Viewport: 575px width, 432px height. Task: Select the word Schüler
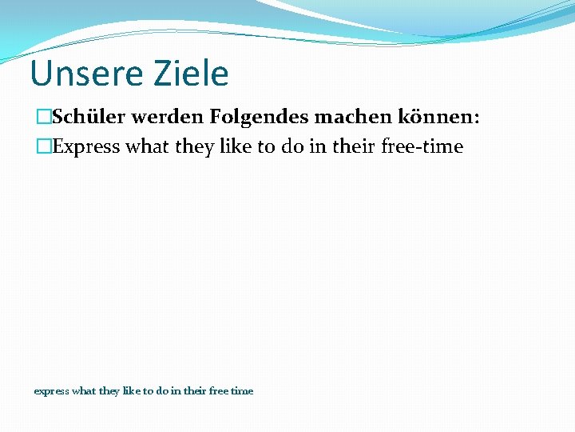[x=89, y=118]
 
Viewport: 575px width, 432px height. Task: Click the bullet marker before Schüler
[x=42, y=118]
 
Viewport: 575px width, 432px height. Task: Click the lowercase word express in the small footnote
[x=51, y=391]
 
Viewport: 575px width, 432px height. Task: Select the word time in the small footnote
[x=242, y=390]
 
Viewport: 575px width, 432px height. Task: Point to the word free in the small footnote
[x=218, y=390]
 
